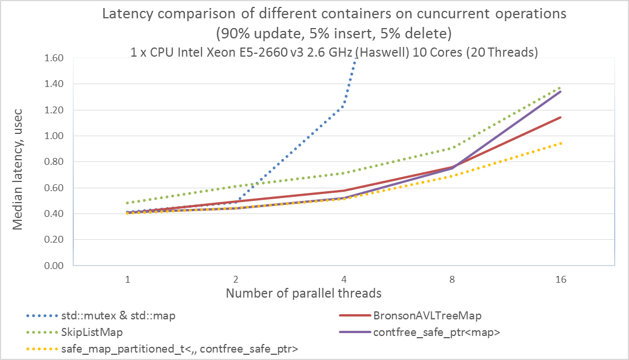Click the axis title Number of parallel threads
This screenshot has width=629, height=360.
point(303,294)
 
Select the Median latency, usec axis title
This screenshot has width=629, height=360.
point(18,162)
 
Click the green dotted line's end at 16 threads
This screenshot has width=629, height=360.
point(561,88)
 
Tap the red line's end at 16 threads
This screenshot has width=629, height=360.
point(561,117)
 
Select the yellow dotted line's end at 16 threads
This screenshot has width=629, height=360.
point(561,143)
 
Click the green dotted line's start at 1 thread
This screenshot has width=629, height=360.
point(128,203)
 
